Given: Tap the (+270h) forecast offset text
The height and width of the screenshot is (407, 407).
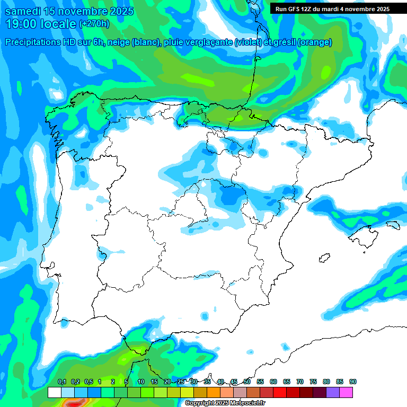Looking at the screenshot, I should (x=94, y=24).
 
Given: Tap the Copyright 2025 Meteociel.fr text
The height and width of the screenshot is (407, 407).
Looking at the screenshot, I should (x=225, y=403).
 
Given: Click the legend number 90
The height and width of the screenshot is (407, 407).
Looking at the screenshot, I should (x=353, y=382).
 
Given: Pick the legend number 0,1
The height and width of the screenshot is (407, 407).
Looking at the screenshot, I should (x=61, y=382).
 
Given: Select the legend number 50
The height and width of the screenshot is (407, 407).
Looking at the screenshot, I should (x=247, y=382).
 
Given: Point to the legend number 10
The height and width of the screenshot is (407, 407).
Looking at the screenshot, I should (x=141, y=382).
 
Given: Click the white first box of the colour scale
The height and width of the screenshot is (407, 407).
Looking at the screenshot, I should (x=54, y=392).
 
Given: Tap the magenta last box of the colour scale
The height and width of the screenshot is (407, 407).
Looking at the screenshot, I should (x=346, y=392).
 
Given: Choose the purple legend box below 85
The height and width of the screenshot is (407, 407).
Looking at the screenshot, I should (x=333, y=392).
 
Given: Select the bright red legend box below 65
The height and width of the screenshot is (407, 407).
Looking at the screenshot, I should (x=280, y=392).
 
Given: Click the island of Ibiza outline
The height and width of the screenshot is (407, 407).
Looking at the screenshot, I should (x=324, y=258).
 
